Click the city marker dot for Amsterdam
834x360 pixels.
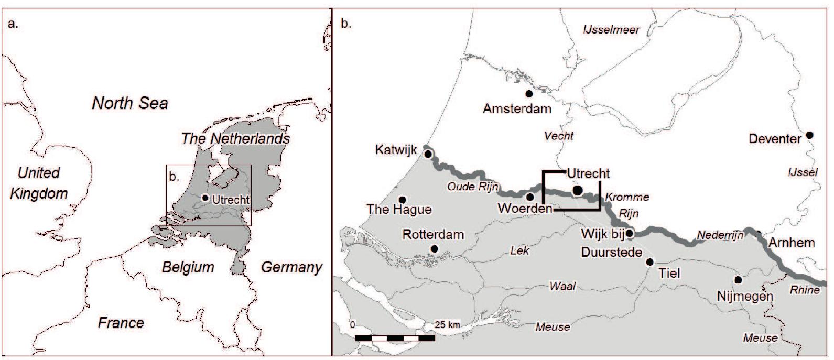pyautogui.click(x=529, y=94)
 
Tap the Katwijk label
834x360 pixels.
pyautogui.click(x=396, y=150)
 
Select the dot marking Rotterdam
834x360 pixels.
pyautogui.click(x=434, y=248)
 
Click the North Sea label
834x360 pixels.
pyautogui.click(x=130, y=103)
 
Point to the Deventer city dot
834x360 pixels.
pyautogui.click(x=809, y=135)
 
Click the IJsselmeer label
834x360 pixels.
pyautogui.click(x=611, y=30)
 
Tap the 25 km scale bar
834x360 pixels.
pyautogui.click(x=395, y=338)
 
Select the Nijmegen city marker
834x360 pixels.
pyautogui.click(x=738, y=280)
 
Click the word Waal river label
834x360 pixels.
pyautogui.click(x=562, y=286)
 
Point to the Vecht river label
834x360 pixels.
pyautogui.click(x=559, y=136)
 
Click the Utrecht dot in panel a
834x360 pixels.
pyautogui.click(x=205, y=198)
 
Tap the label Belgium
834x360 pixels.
pyautogui.click(x=188, y=267)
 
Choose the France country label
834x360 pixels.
pyautogui.click(x=121, y=322)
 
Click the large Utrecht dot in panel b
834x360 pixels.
pyautogui.click(x=577, y=190)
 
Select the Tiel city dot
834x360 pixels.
pyautogui.click(x=650, y=261)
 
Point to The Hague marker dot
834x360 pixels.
pyautogui.click(x=403, y=200)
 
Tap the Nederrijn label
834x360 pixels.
pyautogui.click(x=720, y=236)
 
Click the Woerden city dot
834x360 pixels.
pyautogui.click(x=530, y=197)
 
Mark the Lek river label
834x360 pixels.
pyautogui.click(x=519, y=250)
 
